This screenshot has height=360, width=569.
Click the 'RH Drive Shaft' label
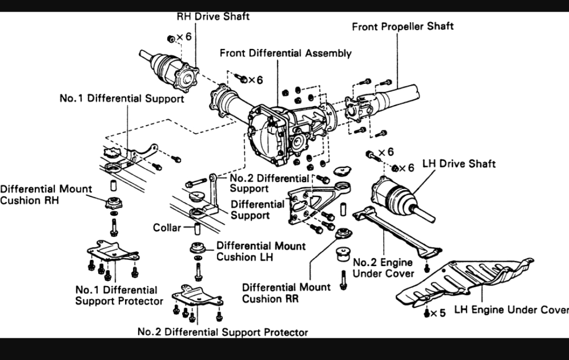coord(213,16)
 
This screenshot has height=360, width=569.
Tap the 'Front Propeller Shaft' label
coord(403,26)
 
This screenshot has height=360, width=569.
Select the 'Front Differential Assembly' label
coord(286,53)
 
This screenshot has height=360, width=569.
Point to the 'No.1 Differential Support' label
coord(122,99)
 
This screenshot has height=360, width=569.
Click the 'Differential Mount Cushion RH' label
coord(46,194)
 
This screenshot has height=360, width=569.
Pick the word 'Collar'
coord(167,228)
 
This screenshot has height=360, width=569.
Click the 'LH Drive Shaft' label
coord(459,164)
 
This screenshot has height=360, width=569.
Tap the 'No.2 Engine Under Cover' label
coord(383,268)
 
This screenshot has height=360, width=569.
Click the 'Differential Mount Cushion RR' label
coord(286,293)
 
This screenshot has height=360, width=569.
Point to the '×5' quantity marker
coord(438,313)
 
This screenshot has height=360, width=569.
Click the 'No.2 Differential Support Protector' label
coord(222,333)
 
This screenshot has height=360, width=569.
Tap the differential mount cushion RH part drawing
coord(113,203)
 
